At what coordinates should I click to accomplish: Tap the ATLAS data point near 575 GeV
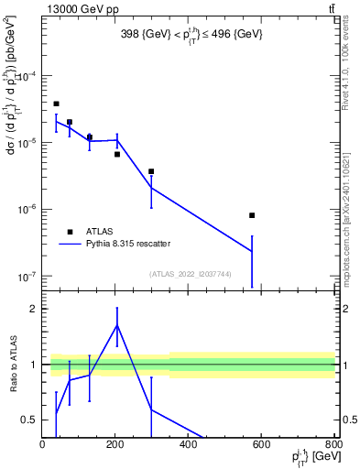[x=252, y=215]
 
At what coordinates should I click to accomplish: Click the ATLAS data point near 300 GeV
[x=151, y=171]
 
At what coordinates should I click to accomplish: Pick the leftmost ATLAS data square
[x=56, y=104]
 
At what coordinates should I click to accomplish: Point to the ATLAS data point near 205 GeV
[x=117, y=154]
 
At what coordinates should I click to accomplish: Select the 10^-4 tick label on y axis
[x=25, y=77]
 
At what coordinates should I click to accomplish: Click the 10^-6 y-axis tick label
[x=25, y=209]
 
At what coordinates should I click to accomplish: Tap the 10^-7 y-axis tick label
[x=25, y=276]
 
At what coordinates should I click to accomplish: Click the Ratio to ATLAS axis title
[x=13, y=364]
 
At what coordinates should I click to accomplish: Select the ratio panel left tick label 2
[x=31, y=310]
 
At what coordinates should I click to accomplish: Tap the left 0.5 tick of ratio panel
[x=28, y=420]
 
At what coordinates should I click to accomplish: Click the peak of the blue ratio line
[x=117, y=324]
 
